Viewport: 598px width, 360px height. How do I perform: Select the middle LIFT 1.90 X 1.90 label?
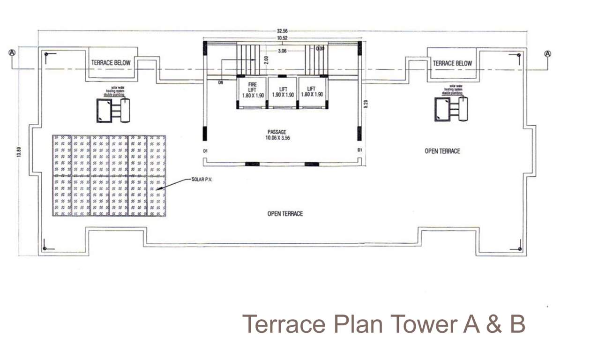pos(283,91)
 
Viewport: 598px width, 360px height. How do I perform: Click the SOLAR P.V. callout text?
pos(202,180)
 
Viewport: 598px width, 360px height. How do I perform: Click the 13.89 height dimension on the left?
pos(19,152)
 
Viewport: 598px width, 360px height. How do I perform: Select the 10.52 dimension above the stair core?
pos(282,38)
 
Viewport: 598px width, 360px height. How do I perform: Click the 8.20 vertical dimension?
pos(366,104)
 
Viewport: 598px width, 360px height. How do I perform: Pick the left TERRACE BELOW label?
pos(111,63)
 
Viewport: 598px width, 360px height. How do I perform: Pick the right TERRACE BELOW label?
pos(452,63)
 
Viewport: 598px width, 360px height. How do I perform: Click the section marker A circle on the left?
pos(12,53)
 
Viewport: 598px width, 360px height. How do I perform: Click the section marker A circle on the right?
pos(547,53)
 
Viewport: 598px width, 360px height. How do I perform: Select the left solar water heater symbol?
pos(113,110)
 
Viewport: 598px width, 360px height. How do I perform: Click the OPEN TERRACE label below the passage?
pos(285,214)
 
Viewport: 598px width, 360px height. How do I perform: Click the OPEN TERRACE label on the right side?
pos(442,151)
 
